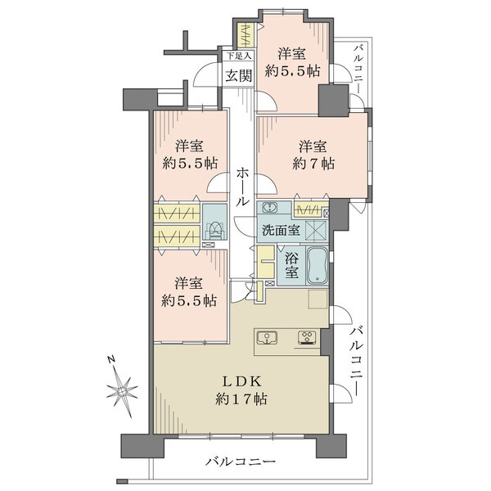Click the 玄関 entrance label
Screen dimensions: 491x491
pyautogui.click(x=239, y=76)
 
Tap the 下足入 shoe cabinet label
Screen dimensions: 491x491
pyautogui.click(x=239, y=56)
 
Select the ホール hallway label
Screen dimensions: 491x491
pyautogui.click(x=242, y=187)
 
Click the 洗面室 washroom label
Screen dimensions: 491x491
pyautogui.click(x=281, y=231)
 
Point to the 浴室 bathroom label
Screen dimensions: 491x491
pyautogui.click(x=291, y=265)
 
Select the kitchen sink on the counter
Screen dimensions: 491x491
pyautogui.click(x=267, y=338)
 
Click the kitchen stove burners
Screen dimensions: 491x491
pyautogui.click(x=307, y=337)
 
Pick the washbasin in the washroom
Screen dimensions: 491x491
pyautogui.click(x=269, y=207)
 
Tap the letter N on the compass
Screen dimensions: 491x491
pyautogui.click(x=110, y=359)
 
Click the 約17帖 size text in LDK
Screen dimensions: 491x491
pyautogui.click(x=241, y=399)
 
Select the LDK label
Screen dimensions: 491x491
pyautogui.click(x=241, y=381)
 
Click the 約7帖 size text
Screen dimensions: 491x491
pyautogui.click(x=313, y=164)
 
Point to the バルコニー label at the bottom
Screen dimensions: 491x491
pyautogui.click(x=241, y=462)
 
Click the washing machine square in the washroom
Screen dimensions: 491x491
pyautogui.click(x=316, y=230)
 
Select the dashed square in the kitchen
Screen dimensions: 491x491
pyautogui.click(x=318, y=299)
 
